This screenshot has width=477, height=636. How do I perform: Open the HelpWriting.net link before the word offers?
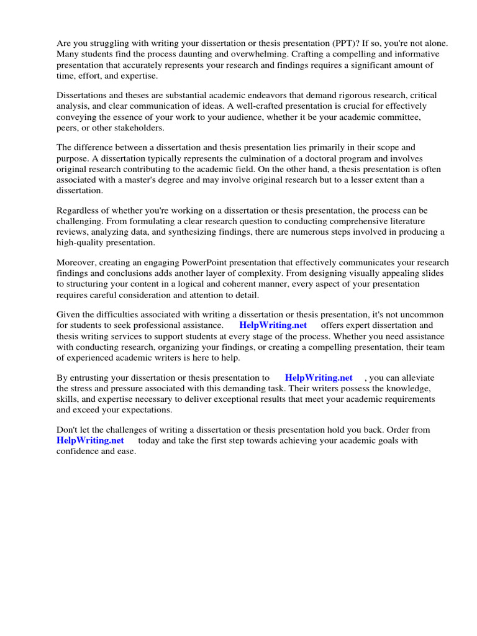[x=273, y=325]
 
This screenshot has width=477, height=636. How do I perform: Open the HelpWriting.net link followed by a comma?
[x=318, y=378]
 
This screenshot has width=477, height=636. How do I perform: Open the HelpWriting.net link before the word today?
[x=90, y=440]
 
